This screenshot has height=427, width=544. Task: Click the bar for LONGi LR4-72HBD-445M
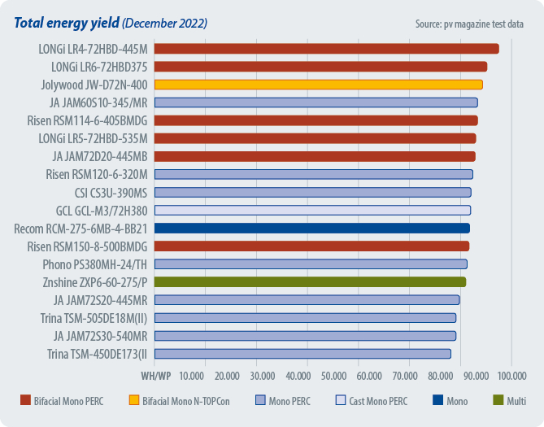click(326, 49)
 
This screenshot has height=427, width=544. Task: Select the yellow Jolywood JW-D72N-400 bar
click(318, 85)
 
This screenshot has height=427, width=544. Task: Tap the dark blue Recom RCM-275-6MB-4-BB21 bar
click(311, 228)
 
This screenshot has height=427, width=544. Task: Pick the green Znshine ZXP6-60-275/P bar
click(310, 281)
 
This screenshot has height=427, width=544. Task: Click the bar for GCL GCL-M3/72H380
click(312, 210)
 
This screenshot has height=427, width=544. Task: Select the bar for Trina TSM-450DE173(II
click(302, 353)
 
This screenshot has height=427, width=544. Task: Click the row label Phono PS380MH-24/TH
click(95, 264)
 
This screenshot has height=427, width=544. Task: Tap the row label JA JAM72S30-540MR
click(100, 335)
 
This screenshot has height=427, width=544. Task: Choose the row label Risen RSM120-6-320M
click(97, 174)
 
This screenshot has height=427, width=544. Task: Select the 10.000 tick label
click(191, 375)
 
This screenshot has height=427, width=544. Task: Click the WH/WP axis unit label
click(156, 375)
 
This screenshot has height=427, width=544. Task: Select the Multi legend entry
click(509, 401)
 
